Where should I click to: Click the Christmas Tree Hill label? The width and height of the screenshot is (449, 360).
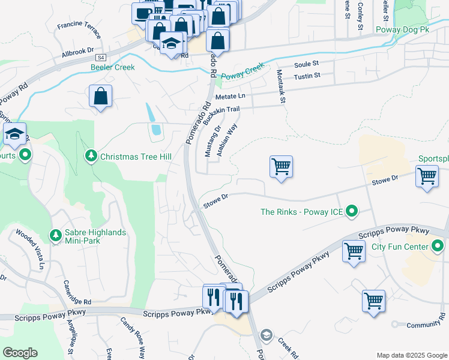(x=136, y=157)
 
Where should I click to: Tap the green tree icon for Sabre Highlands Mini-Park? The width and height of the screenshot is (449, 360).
(x=55, y=234)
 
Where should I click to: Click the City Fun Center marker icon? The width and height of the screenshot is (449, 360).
(x=438, y=247)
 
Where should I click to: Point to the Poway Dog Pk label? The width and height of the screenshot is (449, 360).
(x=403, y=29)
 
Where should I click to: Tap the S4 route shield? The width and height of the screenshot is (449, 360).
(x=101, y=57)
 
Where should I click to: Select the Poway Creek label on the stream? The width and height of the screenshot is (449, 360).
(x=243, y=71)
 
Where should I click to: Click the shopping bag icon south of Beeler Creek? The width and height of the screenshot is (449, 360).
(x=100, y=95)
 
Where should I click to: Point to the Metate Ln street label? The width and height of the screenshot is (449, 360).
(x=230, y=96)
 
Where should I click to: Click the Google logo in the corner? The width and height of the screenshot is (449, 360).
(x=20, y=353)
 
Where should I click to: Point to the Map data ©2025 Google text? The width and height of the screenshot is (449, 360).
(x=411, y=355)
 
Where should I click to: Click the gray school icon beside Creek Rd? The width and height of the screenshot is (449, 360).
(x=267, y=334)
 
